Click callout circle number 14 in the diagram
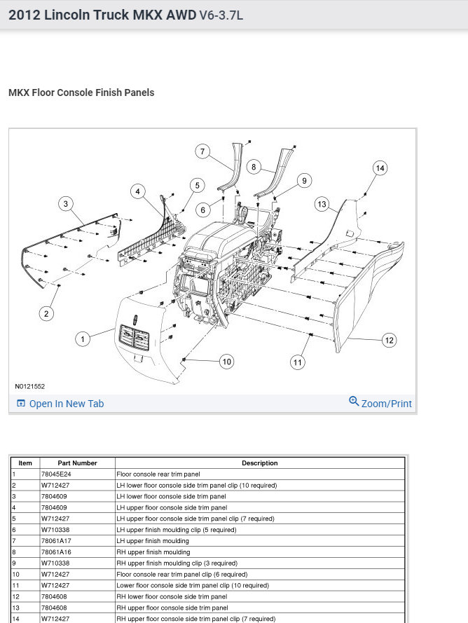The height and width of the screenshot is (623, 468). click(x=380, y=168)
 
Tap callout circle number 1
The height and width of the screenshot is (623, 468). click(x=83, y=339)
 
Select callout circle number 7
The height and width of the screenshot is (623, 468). click(x=202, y=152)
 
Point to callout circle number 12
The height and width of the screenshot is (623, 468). click(x=389, y=340)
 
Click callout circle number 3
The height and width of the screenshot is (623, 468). click(x=66, y=204)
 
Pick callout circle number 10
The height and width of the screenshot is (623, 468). click(x=226, y=362)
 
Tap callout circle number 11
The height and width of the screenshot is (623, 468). click(x=298, y=362)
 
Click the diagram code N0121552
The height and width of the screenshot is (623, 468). click(x=29, y=386)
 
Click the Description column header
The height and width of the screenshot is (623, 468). click(x=259, y=463)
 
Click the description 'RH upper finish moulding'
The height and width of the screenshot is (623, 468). click(x=153, y=552)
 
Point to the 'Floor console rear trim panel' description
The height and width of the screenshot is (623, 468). click(x=158, y=474)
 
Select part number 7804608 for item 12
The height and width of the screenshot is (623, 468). click(x=55, y=596)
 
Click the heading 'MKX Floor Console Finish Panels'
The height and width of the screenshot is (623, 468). click(x=81, y=93)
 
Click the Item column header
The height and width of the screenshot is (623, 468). click(x=25, y=463)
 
